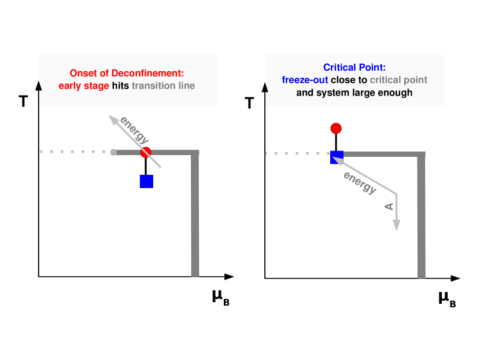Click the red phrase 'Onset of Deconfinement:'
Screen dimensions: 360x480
(127, 74)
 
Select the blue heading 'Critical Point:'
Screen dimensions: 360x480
(354, 68)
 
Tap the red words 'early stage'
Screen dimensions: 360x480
(83, 86)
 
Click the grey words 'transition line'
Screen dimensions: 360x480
(163, 86)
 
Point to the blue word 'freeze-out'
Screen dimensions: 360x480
(305, 80)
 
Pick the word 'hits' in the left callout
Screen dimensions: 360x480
(120, 86)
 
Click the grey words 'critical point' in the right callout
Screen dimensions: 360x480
(398, 80)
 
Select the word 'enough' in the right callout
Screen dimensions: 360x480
(396, 93)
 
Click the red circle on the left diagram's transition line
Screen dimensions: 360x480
(146, 152)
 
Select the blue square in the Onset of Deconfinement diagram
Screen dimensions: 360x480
(146, 181)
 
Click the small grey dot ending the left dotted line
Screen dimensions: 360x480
(113, 152)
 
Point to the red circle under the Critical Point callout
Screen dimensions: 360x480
(335, 128)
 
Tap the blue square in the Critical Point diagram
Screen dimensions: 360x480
(337, 157)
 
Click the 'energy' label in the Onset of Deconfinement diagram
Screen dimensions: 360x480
(134, 130)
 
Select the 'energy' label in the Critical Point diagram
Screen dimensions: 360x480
(360, 183)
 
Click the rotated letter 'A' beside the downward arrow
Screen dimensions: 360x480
(389, 207)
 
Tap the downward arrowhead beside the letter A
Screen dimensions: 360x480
(397, 226)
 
